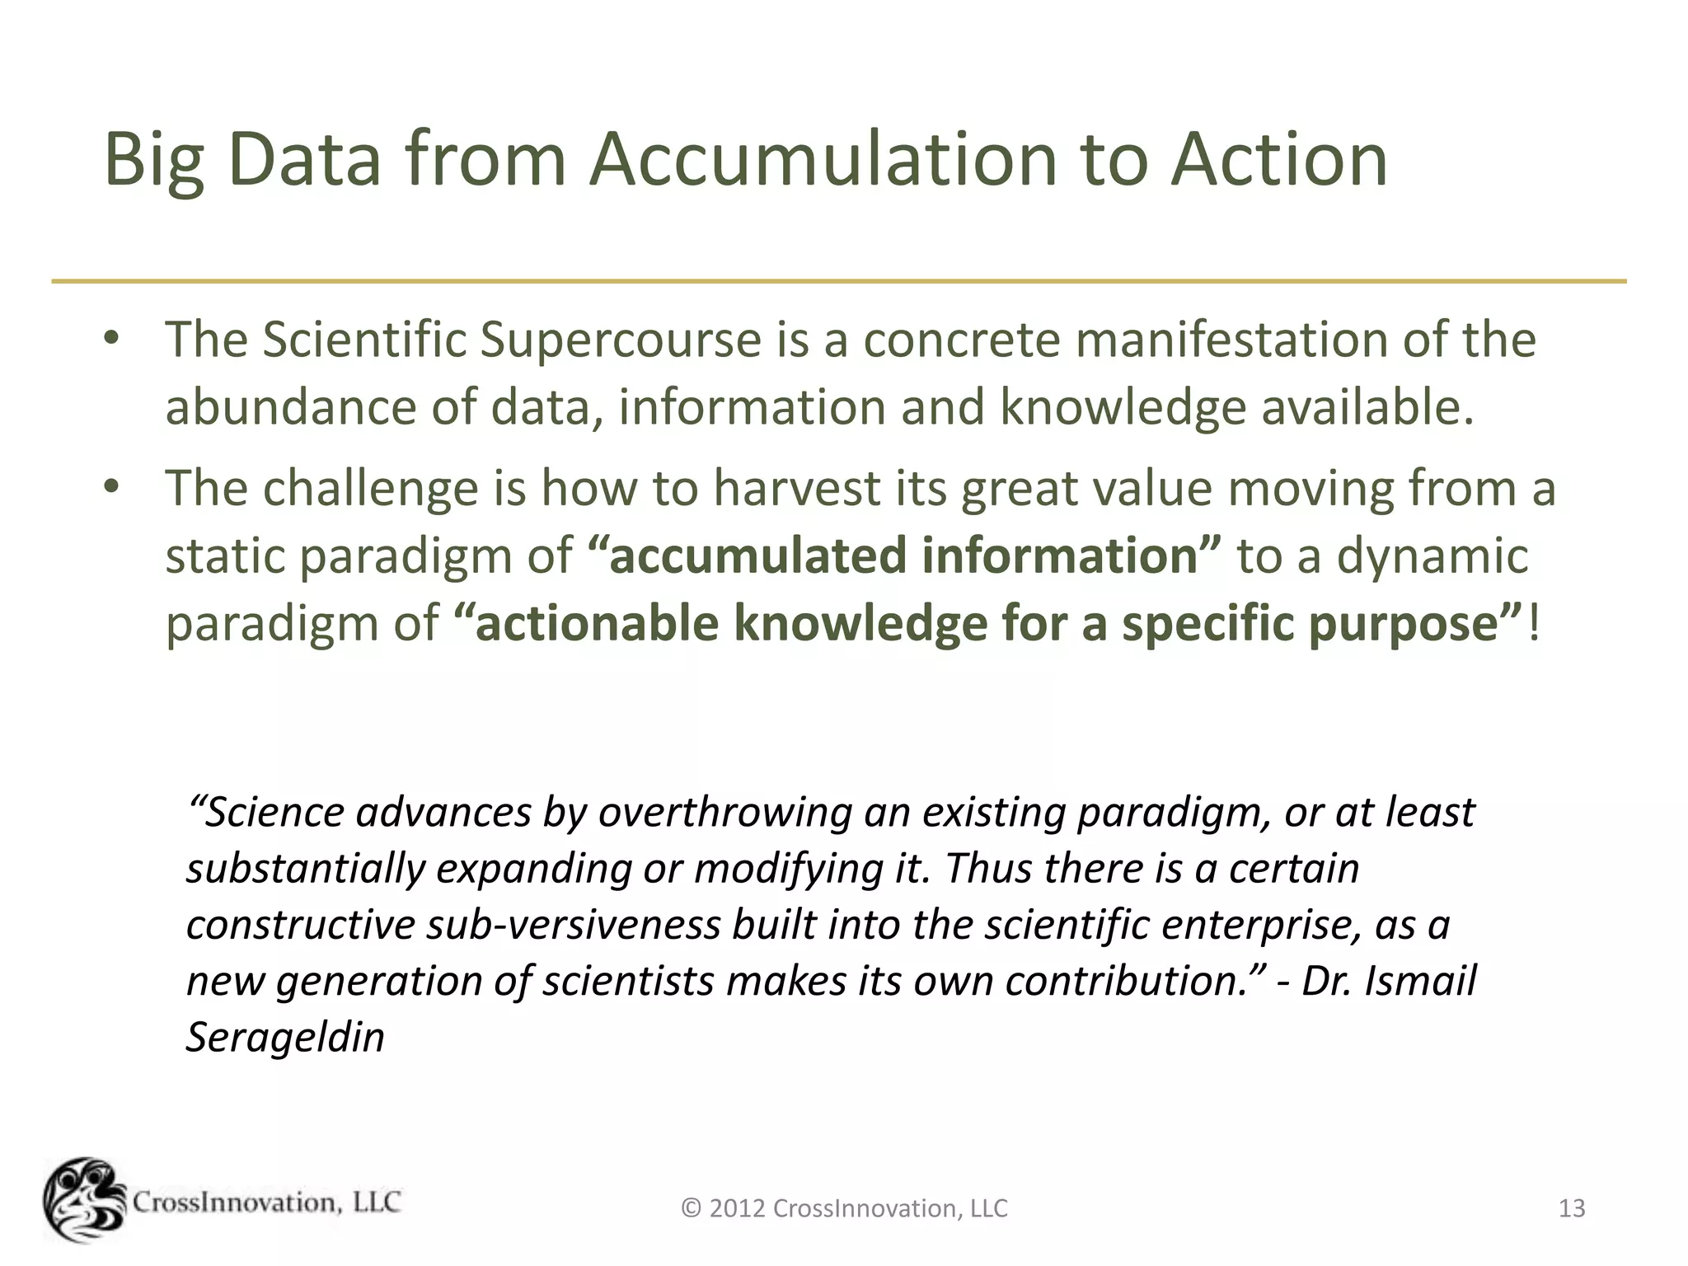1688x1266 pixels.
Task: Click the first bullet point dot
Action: (x=112, y=339)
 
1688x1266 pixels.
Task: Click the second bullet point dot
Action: (x=112, y=487)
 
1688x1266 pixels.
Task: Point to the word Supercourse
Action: (x=621, y=340)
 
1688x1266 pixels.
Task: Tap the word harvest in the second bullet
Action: (x=798, y=487)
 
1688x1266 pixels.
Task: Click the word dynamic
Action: (x=1432, y=556)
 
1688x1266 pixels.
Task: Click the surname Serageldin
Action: (x=285, y=1037)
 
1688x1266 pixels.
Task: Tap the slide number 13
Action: (x=1572, y=1208)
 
